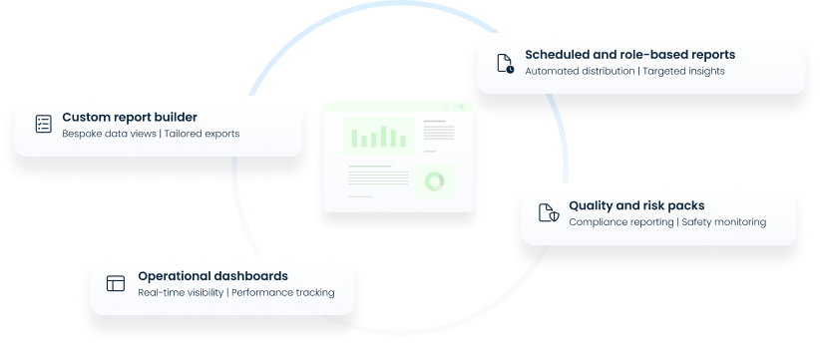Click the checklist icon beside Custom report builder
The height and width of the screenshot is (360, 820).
tap(43, 125)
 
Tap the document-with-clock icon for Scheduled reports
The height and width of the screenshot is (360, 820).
tap(506, 63)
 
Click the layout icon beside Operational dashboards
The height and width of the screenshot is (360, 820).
tap(117, 283)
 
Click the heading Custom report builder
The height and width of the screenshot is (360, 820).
tap(129, 116)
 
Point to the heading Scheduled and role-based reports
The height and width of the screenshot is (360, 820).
tap(629, 54)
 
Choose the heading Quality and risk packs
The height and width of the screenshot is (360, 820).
tap(636, 205)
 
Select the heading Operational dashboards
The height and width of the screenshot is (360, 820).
tap(212, 275)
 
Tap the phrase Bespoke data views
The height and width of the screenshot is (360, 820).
tap(109, 133)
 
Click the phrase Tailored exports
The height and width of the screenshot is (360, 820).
tap(202, 133)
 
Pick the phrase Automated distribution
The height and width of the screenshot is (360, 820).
tap(579, 71)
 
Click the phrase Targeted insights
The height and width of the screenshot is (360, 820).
tap(683, 71)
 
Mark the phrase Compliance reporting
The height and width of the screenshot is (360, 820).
tap(620, 221)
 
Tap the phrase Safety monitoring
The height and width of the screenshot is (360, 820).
tap(724, 221)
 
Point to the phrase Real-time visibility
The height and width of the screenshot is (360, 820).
tap(181, 292)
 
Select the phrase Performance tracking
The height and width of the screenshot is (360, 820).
tap(283, 292)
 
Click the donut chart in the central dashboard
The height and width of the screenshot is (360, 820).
tap(435, 181)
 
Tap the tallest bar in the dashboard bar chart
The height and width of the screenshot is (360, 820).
tap(381, 134)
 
